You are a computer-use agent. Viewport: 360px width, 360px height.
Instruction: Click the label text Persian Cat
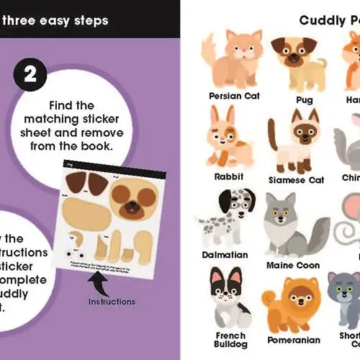235,95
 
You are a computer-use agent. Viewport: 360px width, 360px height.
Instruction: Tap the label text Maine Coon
293,265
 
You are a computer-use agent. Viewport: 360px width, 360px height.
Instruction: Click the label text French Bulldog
230,341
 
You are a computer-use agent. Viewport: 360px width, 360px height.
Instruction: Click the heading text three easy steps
55,19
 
